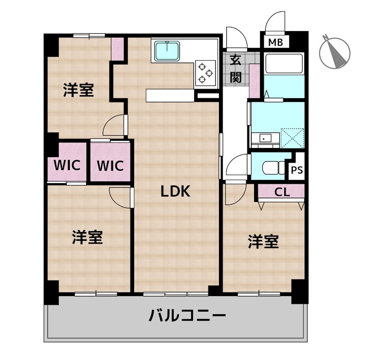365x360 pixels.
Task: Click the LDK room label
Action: point(174,192)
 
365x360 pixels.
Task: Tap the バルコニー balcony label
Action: point(187,316)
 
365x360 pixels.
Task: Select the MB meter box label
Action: point(276,43)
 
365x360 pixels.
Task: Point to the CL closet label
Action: point(282,192)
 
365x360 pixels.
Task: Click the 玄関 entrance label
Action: point(235,68)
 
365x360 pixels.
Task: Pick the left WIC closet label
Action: point(67,165)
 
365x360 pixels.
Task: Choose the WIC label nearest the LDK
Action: point(110,165)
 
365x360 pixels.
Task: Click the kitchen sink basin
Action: point(167,50)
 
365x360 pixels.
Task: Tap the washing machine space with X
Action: point(292,136)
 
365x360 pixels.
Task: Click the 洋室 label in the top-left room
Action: point(78,90)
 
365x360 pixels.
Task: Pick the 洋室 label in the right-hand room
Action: point(263,242)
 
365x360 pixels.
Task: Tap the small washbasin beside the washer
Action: point(263,137)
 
